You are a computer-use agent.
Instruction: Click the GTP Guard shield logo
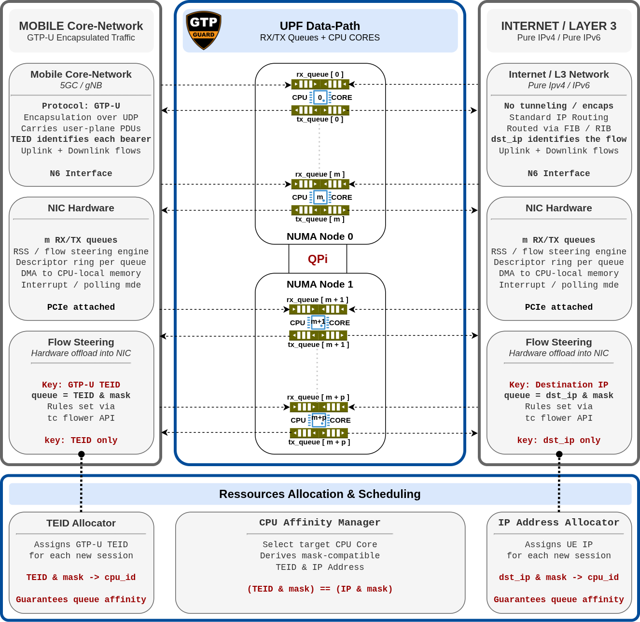(x=204, y=30)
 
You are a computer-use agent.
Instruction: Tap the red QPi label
(x=318, y=259)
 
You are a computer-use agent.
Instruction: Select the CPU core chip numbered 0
(x=320, y=97)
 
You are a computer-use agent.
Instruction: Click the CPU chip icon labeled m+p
(x=319, y=420)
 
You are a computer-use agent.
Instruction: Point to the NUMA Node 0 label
(x=320, y=236)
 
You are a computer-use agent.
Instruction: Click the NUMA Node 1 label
(x=320, y=284)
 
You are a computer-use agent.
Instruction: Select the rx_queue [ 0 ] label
(x=320, y=74)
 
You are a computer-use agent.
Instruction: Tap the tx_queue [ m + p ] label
(x=319, y=442)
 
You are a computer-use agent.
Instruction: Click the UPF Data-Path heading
(x=320, y=26)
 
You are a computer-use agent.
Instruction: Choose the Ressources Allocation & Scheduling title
(x=320, y=494)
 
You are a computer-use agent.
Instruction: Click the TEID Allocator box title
(x=81, y=523)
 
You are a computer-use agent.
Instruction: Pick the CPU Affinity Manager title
(x=320, y=523)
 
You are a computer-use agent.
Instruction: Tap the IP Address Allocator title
(x=558, y=523)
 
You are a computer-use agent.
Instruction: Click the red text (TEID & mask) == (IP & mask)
(x=320, y=589)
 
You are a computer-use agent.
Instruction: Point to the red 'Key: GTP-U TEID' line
(x=81, y=385)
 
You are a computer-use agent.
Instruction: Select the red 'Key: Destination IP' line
(x=558, y=385)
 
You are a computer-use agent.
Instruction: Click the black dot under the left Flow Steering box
(x=81, y=454)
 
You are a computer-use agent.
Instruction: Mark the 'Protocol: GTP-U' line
(x=81, y=106)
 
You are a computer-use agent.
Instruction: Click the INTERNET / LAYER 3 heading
(x=558, y=26)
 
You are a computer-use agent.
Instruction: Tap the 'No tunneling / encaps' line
(x=558, y=106)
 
